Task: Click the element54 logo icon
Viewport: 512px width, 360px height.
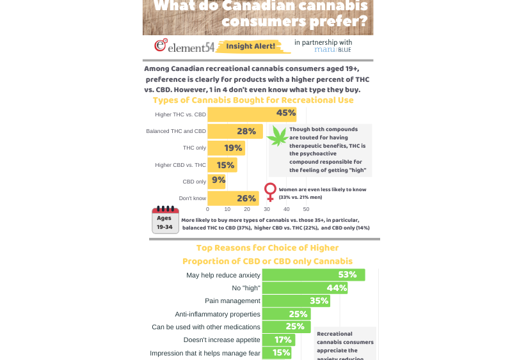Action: click(161, 45)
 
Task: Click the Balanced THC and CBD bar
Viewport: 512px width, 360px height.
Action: click(235, 131)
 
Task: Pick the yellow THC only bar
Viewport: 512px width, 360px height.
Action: click(226, 148)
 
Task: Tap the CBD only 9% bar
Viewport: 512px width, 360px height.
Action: click(216, 181)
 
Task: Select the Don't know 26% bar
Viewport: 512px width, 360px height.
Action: click(233, 198)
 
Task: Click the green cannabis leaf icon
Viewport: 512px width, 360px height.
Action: click(277, 135)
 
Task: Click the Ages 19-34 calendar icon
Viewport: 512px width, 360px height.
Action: click(164, 219)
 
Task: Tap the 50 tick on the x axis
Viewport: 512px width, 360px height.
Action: click(306, 209)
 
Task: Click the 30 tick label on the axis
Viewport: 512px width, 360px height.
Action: click(267, 209)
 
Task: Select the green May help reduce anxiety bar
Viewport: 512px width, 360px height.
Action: click(313, 275)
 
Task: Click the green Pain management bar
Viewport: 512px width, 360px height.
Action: click(296, 301)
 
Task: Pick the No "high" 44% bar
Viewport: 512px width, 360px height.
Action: click(305, 288)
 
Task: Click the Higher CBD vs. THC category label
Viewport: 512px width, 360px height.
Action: click(180, 165)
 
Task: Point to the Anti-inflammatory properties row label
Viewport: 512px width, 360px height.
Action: click(218, 314)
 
